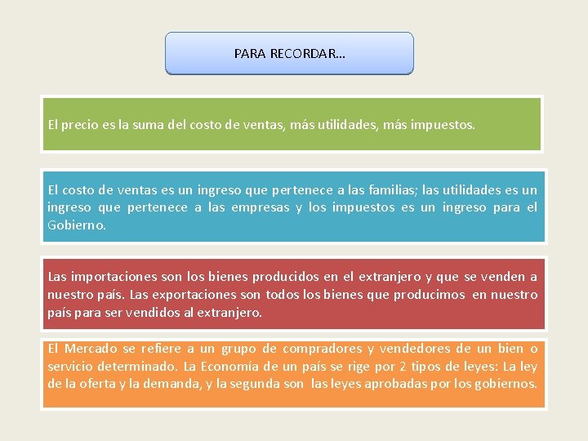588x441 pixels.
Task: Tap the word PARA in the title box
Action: tap(249, 54)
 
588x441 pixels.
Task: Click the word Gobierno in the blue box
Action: tap(75, 225)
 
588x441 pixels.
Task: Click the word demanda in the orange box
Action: tap(166, 383)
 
